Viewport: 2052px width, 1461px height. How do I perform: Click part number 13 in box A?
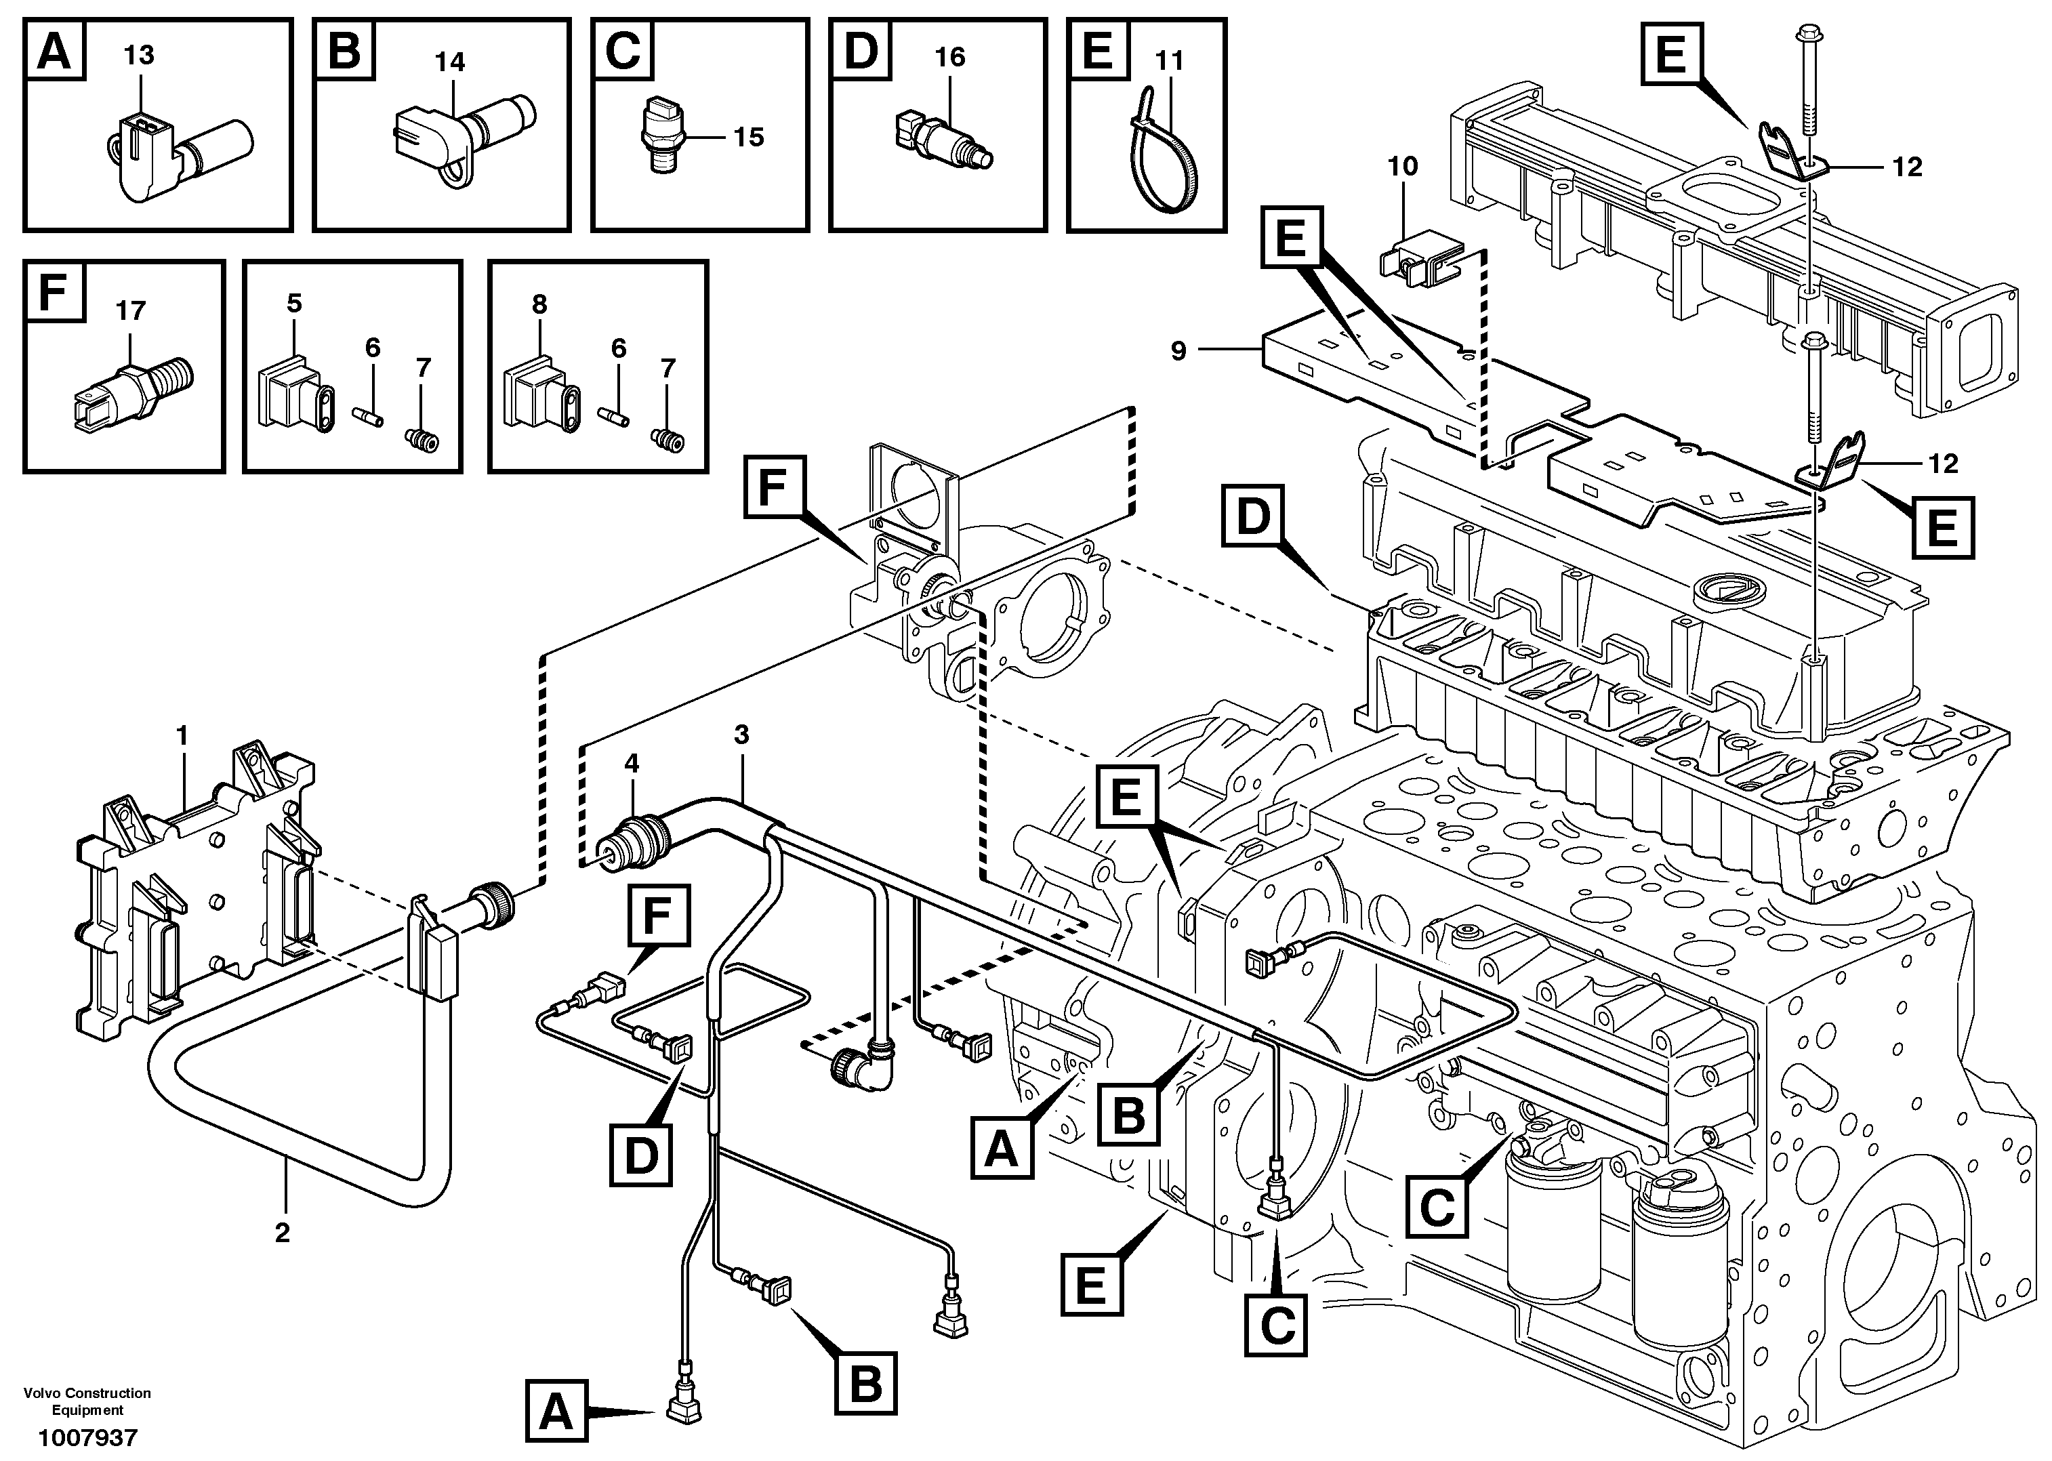tap(138, 56)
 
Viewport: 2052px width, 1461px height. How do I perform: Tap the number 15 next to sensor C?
tap(747, 137)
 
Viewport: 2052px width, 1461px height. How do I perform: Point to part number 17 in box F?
tap(130, 311)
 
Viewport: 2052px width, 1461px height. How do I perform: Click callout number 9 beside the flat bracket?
tap(1178, 351)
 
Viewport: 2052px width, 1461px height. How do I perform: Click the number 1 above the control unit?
tap(182, 737)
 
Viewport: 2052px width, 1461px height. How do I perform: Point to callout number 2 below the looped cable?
tap(283, 1233)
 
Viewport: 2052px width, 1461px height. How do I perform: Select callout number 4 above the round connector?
tap(632, 764)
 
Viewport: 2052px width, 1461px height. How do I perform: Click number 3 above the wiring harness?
tap(741, 735)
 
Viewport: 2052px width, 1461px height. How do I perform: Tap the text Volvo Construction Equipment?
tap(87, 1401)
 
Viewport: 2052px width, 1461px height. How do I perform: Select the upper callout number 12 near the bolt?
tap(1907, 167)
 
